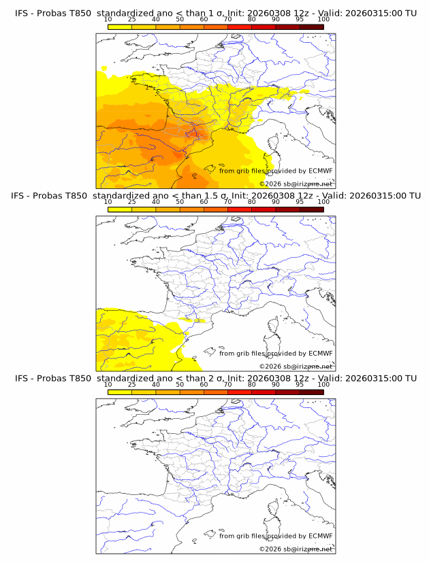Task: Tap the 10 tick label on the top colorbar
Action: [x=108, y=19]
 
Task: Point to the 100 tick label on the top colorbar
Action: [x=323, y=19]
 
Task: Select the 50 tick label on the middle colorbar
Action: [x=180, y=202]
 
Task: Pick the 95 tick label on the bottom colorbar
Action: [x=300, y=384]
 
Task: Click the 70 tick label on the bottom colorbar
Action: [x=227, y=384]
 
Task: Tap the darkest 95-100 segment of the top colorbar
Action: [x=311, y=27]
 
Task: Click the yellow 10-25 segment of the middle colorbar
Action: [x=120, y=209]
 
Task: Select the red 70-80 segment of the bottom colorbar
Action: [x=240, y=392]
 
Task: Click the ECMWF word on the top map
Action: [x=320, y=171]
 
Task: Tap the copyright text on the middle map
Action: [x=296, y=366]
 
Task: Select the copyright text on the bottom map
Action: [x=296, y=549]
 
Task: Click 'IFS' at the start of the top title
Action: [x=22, y=13]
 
